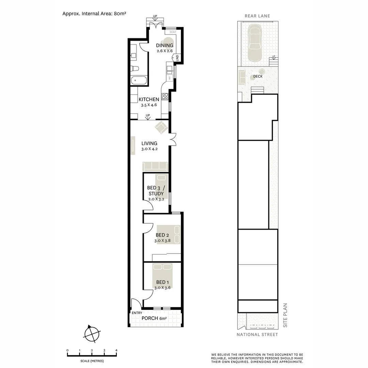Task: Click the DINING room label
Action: pos(165,45)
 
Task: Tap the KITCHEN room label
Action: pos(149,99)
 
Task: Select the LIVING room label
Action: pos(149,143)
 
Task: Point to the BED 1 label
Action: pos(162,282)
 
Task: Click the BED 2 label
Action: pos(162,235)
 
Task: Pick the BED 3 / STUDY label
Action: pos(156,190)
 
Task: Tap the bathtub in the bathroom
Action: pos(139,81)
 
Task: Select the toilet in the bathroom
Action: pos(135,68)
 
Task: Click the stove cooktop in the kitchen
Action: pos(165,96)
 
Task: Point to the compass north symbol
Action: pos(92,333)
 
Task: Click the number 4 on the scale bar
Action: pos(116,350)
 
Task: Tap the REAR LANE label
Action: pos(257,16)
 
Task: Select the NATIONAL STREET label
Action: pos(257,335)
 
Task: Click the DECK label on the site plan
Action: pos(258,77)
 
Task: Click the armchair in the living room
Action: pos(161,128)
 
